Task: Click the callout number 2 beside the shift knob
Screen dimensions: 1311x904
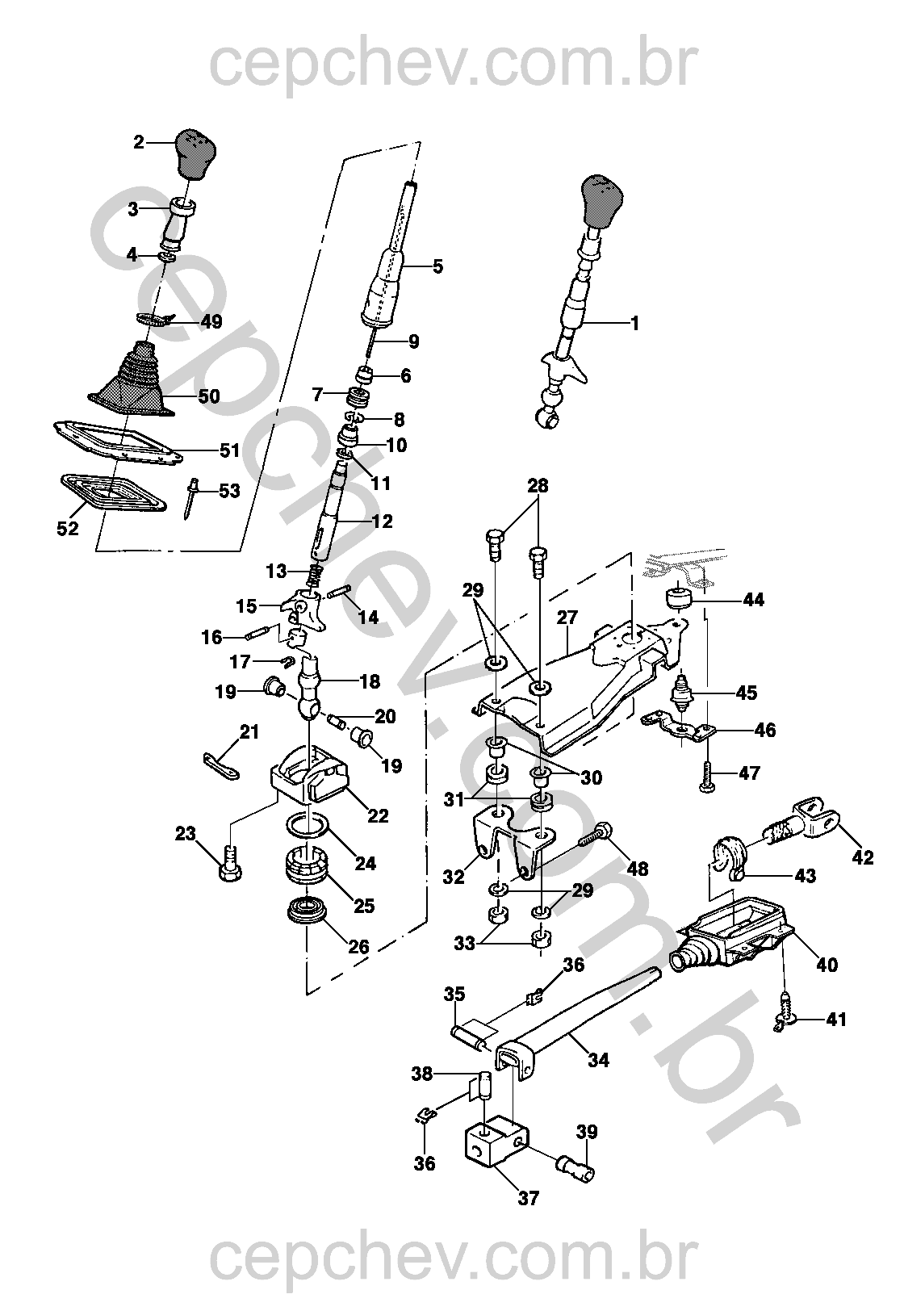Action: click(x=138, y=143)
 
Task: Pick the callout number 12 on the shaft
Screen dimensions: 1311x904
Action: click(x=383, y=521)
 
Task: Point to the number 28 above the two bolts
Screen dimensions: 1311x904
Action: click(x=538, y=486)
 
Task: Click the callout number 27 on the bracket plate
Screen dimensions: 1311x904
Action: click(x=567, y=618)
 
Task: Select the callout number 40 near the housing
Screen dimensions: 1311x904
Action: click(x=827, y=964)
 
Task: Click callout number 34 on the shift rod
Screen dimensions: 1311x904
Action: click(x=598, y=1060)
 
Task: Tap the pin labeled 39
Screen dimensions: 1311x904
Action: click(x=575, y=1167)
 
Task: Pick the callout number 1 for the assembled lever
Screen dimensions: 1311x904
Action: click(x=635, y=324)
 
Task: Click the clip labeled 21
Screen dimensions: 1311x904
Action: click(x=220, y=764)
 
